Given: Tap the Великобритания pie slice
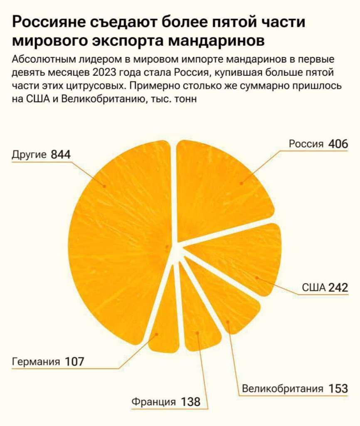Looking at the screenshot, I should pyautogui.click(x=224, y=300).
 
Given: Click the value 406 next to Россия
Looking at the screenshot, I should pyautogui.click(x=338, y=144).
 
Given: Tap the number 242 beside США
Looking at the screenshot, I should pyautogui.click(x=338, y=287).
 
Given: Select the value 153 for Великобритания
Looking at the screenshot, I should pyautogui.click(x=338, y=389).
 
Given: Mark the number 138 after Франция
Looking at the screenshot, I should pyautogui.click(x=190, y=402).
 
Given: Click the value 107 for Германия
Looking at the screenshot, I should pyautogui.click(x=74, y=362).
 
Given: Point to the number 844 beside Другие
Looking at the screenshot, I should pyautogui.click(x=61, y=155).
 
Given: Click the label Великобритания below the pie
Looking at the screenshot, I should pyautogui.click(x=282, y=389).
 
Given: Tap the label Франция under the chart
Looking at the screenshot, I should pyautogui.click(x=153, y=402).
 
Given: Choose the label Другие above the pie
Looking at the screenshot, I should pyautogui.click(x=29, y=155).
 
